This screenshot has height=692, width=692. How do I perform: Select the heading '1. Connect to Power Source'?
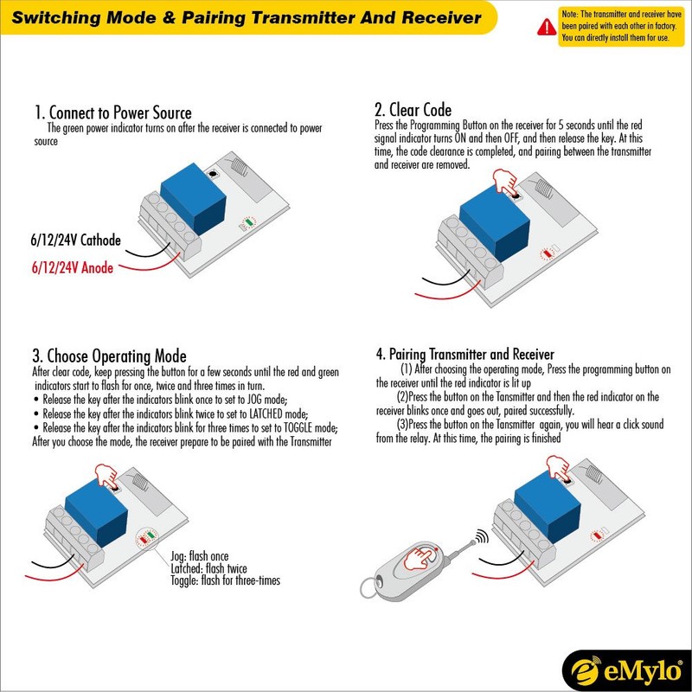[112, 113]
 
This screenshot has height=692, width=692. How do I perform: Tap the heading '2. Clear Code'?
[413, 110]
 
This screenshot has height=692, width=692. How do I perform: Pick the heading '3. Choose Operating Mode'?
[109, 356]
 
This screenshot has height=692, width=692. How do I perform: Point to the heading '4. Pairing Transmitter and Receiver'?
[465, 355]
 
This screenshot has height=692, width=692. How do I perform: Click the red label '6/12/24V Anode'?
[72, 268]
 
